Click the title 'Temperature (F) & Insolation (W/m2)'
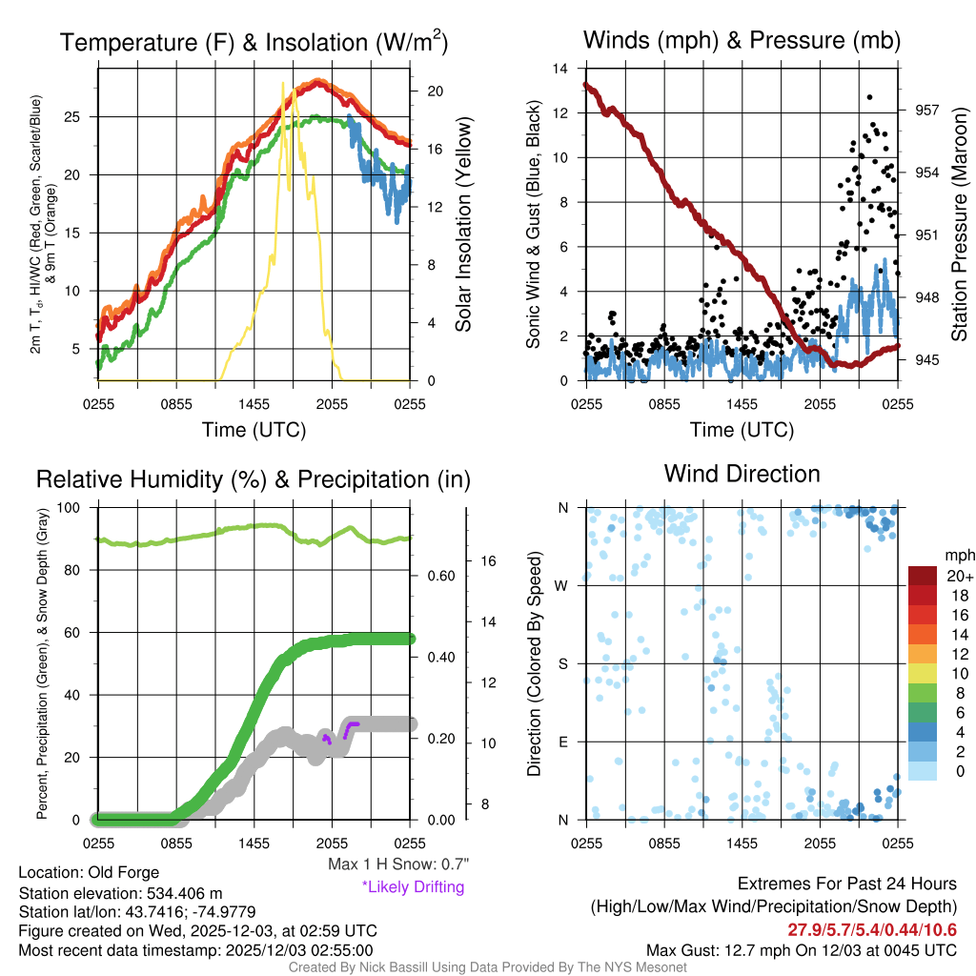[254, 42]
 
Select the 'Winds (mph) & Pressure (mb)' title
[742, 40]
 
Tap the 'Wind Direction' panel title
[742, 474]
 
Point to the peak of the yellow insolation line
[282, 84]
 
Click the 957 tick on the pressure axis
[926, 111]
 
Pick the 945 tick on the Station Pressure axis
[926, 359]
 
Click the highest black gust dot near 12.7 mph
[869, 97]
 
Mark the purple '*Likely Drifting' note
[412, 886]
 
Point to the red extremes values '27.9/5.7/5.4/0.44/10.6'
[872, 929]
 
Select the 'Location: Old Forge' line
[89, 872]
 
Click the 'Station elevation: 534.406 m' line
[120, 893]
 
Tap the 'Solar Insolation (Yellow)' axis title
[464, 225]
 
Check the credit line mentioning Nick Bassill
[487, 967]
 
